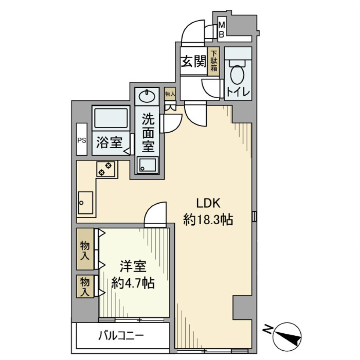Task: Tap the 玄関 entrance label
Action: [193, 62]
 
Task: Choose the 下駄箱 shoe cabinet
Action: [214, 62]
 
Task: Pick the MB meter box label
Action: [221, 30]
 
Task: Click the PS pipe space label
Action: [81, 141]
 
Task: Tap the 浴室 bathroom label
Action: [109, 143]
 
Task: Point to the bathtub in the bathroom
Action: [111, 118]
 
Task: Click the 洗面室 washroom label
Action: [148, 133]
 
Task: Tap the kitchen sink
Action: [85, 202]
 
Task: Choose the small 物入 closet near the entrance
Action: [170, 94]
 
